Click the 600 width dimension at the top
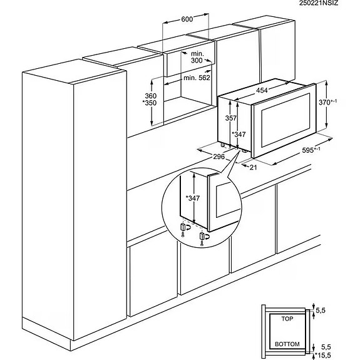pos(187,19)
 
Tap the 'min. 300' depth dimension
pos(197,57)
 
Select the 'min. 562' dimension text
pos(197,78)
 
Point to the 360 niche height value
pos(151,96)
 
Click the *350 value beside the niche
pos(150,103)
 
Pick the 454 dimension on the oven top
pos(262,90)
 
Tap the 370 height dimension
pos(327,102)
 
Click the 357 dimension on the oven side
pos(231,118)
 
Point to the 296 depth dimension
pos(219,157)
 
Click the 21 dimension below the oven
pos(253,168)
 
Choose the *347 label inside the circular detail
pos(193,198)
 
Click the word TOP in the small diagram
pos(287,319)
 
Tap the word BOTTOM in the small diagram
pos(287,344)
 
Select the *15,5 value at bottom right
pos(323,356)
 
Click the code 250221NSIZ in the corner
pos(319,3)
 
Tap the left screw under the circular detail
pos(183,235)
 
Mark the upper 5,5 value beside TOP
pos(321,311)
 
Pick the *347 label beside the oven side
pos(239,134)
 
